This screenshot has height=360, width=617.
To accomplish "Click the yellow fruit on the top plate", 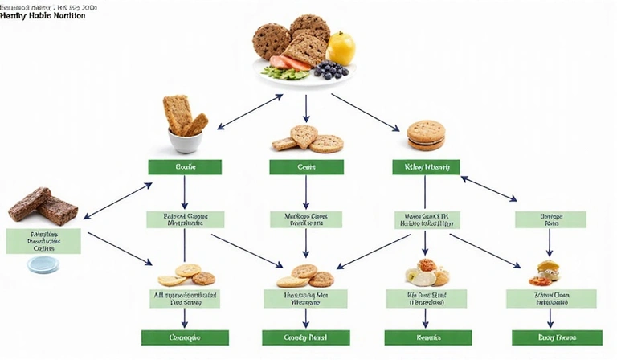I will point(341,49).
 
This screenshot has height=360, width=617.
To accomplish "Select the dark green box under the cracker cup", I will point(184,167).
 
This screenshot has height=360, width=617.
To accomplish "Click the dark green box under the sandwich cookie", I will point(426,167).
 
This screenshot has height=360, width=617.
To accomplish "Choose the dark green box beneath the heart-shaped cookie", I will point(305,167).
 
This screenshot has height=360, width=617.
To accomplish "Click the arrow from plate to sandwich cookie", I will point(366,112).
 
